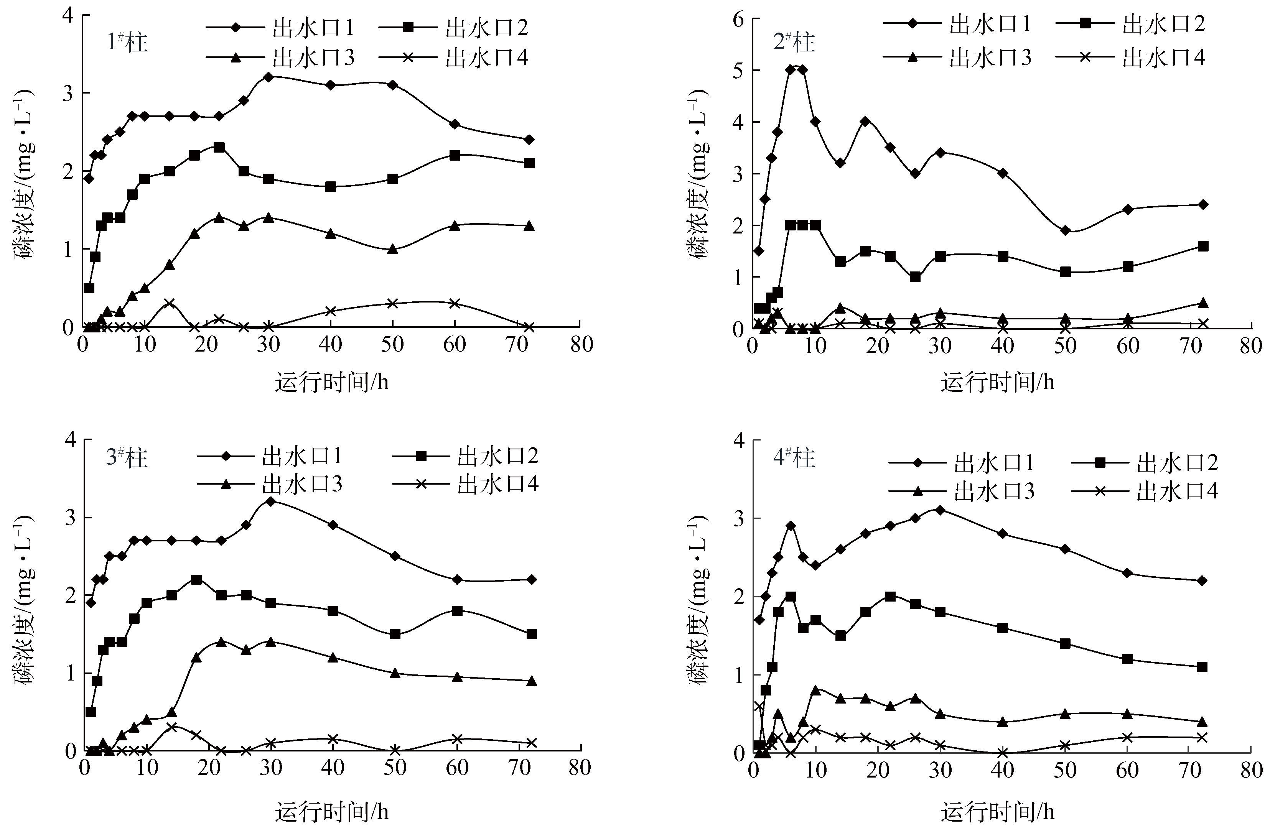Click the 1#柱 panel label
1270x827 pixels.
click(x=127, y=42)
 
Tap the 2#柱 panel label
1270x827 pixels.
click(x=794, y=42)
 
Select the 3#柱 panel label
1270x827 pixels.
click(x=127, y=458)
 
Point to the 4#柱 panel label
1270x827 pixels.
click(x=794, y=458)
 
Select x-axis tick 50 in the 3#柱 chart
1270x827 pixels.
click(x=395, y=768)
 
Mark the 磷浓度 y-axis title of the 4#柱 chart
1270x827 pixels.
click(x=699, y=598)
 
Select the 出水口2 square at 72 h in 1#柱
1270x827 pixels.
click(x=529, y=163)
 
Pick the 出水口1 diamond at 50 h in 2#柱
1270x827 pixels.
click(x=1065, y=230)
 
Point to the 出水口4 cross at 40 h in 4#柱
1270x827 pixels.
click(x=1003, y=753)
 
